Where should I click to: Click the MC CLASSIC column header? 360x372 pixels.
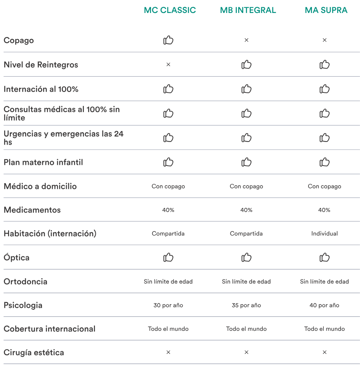pos(170,10)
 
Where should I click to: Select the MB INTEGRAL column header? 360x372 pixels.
pos(248,10)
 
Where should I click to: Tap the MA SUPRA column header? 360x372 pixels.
pos(326,10)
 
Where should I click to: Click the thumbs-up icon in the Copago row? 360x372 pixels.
pos(168,40)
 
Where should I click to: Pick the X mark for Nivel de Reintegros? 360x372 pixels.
pos(168,64)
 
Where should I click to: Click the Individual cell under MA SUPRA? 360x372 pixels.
pos(324,234)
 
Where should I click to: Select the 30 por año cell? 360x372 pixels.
pos(168,305)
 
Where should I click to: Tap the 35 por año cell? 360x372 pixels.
pos(246,305)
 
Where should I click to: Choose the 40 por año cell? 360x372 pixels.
pos(324,305)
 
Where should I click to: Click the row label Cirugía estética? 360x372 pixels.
pos(34,353)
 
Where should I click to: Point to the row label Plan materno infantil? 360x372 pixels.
pos(43,162)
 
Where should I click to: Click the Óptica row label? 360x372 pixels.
pos(16,258)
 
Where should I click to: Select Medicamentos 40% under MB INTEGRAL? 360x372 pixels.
pos(246,210)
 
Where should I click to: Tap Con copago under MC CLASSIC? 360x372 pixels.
pos(168,186)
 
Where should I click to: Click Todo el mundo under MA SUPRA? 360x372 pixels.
pos(324,329)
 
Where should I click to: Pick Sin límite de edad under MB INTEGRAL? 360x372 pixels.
pos(246,282)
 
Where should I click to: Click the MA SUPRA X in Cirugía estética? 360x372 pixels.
pos(325,353)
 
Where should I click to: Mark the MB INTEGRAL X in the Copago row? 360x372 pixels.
pos(246,40)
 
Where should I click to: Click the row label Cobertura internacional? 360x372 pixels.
pos(50,329)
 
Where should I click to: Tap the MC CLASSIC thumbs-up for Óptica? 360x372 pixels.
pos(168,258)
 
